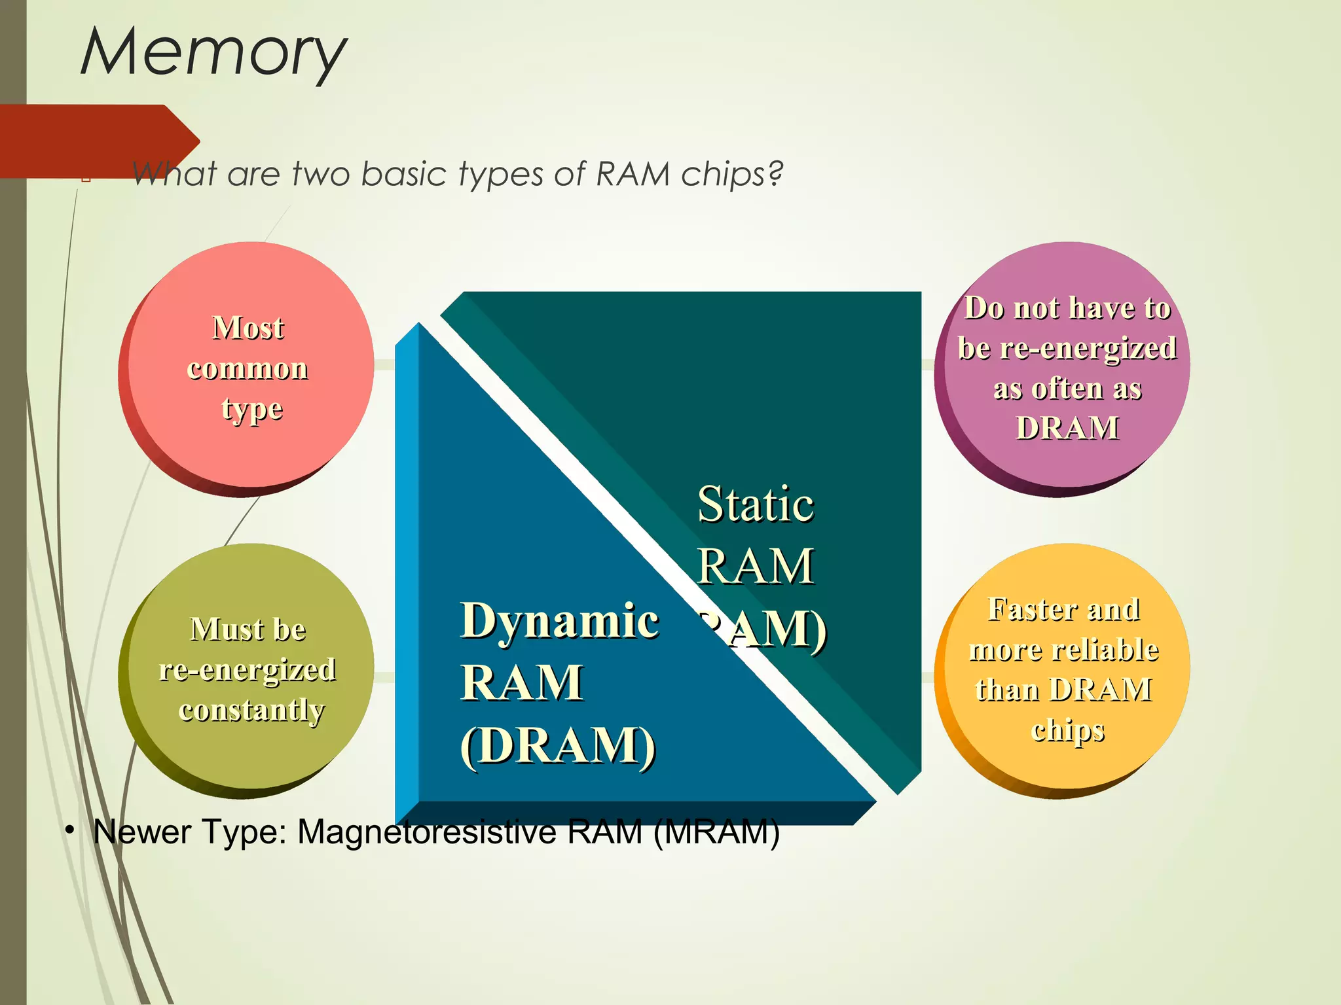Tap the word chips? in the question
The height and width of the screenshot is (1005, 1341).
732,175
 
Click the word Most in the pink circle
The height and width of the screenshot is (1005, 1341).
248,328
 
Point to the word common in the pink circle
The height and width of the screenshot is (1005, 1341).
248,368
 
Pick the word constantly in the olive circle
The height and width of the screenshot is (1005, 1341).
251,711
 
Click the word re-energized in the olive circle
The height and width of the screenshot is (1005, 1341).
248,670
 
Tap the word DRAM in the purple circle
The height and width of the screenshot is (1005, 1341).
1067,429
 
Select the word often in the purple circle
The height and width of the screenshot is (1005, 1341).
1067,389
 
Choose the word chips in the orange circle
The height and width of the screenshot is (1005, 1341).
1067,730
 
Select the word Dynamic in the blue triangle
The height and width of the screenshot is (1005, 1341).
559,620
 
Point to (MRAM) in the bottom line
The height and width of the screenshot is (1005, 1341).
716,832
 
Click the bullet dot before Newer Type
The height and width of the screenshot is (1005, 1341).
69,830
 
